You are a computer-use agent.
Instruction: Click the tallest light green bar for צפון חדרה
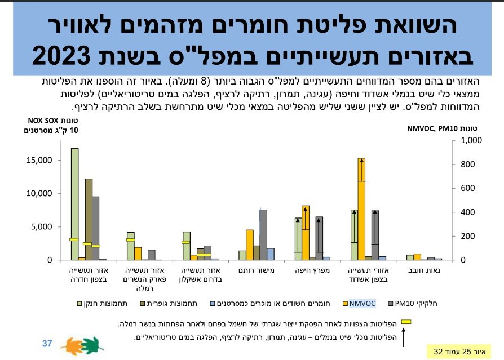(x=74, y=203)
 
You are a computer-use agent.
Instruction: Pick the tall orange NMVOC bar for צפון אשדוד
(x=361, y=208)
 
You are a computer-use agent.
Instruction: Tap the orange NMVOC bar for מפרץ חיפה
(x=305, y=232)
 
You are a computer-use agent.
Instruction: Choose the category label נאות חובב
(x=425, y=270)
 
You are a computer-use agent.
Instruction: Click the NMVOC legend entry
(x=361, y=303)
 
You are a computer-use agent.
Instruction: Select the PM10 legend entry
(x=422, y=303)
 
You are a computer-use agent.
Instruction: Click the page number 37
(x=47, y=343)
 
